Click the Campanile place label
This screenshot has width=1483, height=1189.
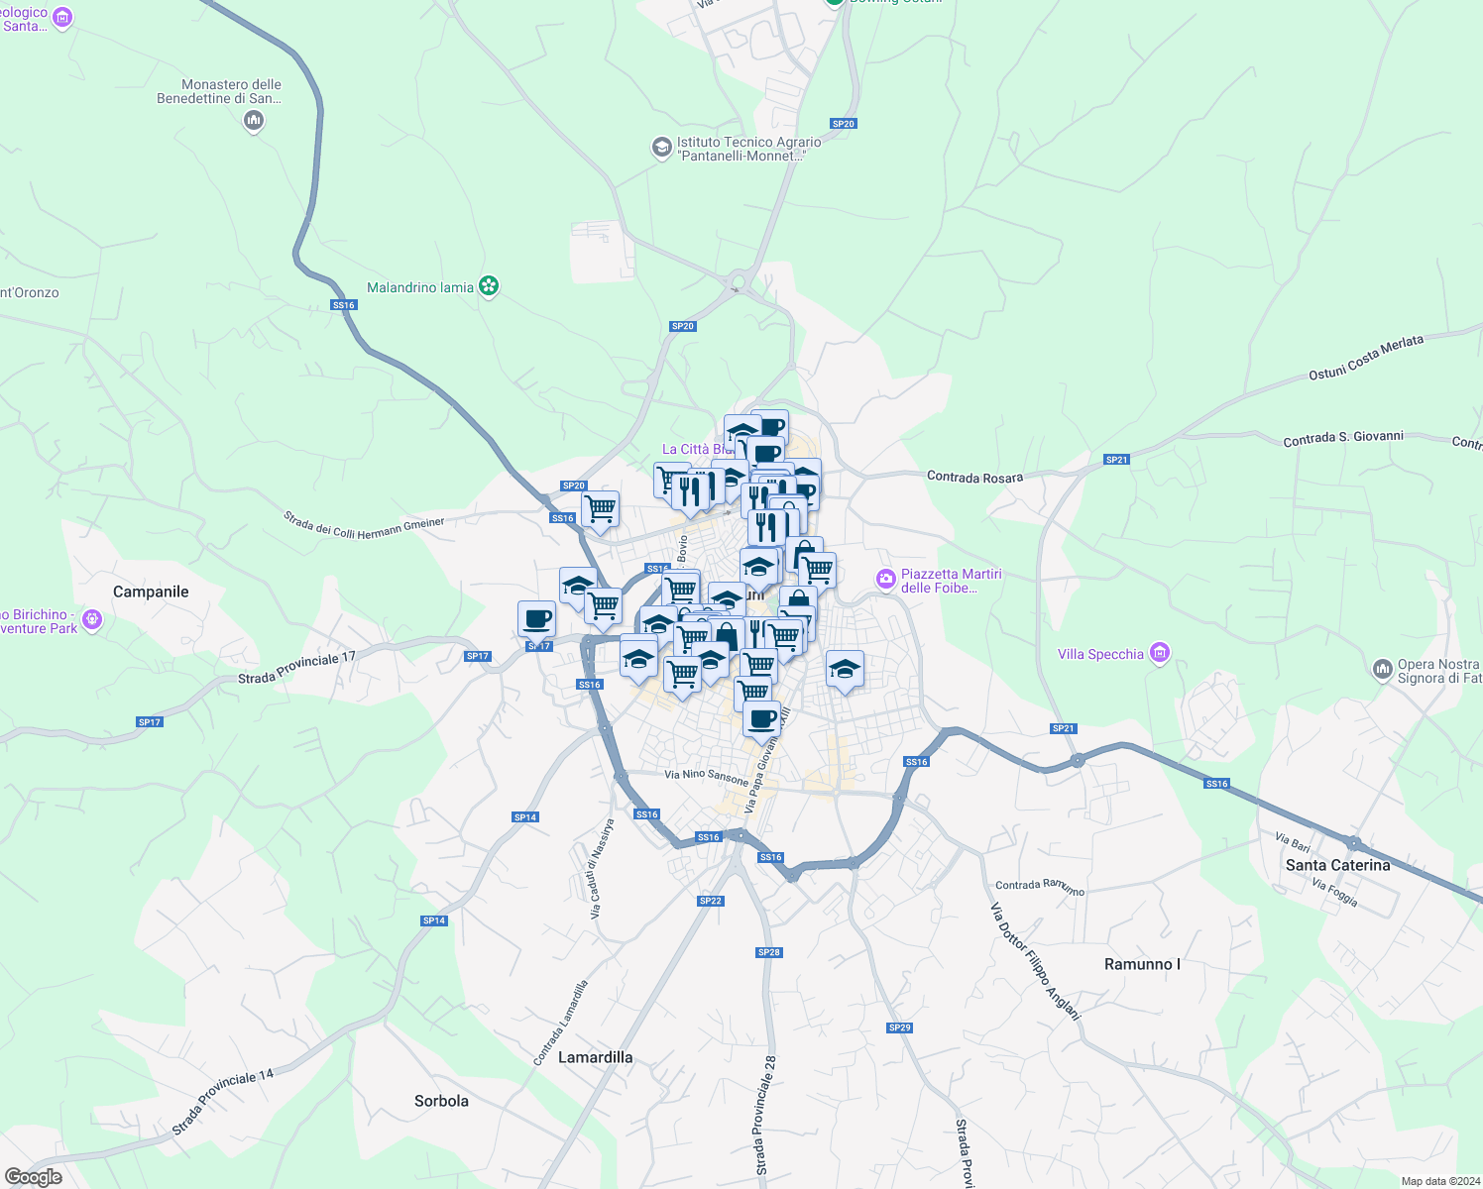pyautogui.click(x=151, y=592)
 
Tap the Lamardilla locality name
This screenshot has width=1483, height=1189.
pyautogui.click(x=595, y=1057)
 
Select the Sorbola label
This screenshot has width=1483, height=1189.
pyautogui.click(x=441, y=1101)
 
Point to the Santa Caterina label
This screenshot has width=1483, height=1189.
pyautogui.click(x=1337, y=865)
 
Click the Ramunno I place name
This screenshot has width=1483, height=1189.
pyautogui.click(x=1142, y=964)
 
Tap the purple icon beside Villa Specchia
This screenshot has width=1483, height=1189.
pyautogui.click(x=1160, y=653)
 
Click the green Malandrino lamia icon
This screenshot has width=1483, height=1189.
pyautogui.click(x=488, y=286)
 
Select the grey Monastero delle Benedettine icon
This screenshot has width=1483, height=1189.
pyautogui.click(x=254, y=121)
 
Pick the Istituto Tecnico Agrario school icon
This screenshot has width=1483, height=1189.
pyautogui.click(x=661, y=148)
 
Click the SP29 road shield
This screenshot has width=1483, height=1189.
pyautogui.click(x=899, y=1027)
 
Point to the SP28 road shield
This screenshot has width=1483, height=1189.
pyautogui.click(x=769, y=952)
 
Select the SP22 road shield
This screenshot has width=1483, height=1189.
pyautogui.click(x=710, y=901)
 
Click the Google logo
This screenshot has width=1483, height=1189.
pyautogui.click(x=34, y=1177)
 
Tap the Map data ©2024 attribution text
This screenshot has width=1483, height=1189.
pyautogui.click(x=1440, y=1181)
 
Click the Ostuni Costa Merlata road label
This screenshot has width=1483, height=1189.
pyautogui.click(x=1365, y=358)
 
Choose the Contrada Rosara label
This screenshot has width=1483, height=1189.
pyautogui.click(x=974, y=478)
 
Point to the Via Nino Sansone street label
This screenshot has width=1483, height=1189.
pyautogui.click(x=706, y=776)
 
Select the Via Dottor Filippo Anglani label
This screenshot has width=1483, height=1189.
pyautogui.click(x=1034, y=960)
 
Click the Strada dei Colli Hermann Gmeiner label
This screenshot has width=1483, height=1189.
pyautogui.click(x=364, y=525)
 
